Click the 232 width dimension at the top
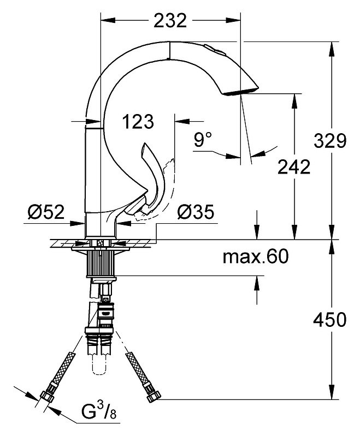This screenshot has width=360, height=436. click(x=170, y=21)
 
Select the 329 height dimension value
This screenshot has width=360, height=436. click(x=330, y=141)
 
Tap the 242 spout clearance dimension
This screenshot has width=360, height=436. click(x=294, y=167)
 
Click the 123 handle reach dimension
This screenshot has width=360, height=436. click(x=138, y=122)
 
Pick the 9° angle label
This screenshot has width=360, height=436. click(x=203, y=139)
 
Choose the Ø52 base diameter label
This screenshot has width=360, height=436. click(x=46, y=212)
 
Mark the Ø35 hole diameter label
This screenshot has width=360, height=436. click(x=196, y=212)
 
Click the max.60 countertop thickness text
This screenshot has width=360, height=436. click(x=256, y=256)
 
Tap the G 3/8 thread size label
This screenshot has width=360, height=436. click(x=99, y=417)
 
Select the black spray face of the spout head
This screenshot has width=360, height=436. click(x=241, y=92)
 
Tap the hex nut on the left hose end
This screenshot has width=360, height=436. click(x=47, y=396)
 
